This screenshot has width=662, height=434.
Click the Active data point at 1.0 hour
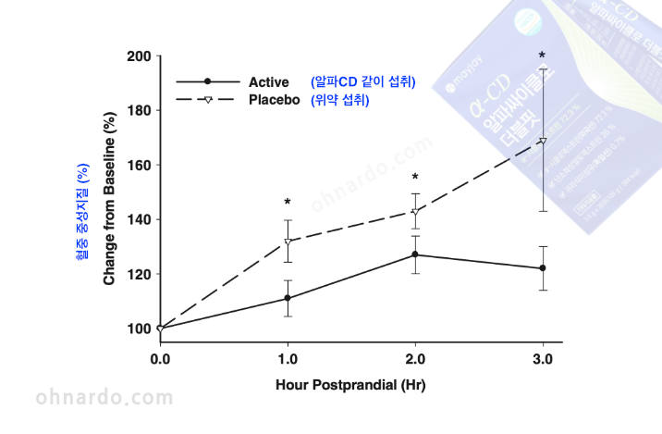tap(288, 298)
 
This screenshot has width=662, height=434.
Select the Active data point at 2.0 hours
tap(415, 254)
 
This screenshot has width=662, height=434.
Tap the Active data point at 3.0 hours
tap(543, 268)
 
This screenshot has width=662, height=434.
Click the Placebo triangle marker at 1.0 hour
tap(288, 242)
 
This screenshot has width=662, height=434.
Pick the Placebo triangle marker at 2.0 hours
tap(415, 212)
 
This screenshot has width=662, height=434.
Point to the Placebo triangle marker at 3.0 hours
tap(543, 142)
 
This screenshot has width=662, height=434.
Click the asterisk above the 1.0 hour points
tap(288, 203)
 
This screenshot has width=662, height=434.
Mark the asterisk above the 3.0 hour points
tap(542, 56)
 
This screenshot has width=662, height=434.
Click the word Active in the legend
tap(269, 82)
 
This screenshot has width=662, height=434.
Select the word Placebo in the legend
tap(275, 100)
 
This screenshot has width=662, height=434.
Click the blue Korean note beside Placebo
tap(340, 100)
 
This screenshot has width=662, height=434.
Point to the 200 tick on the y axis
tap(138, 56)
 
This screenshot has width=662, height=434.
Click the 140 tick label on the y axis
tap(138, 219)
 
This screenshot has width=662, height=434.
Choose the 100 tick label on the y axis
tap(138, 329)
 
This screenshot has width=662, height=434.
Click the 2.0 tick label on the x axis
tap(415, 358)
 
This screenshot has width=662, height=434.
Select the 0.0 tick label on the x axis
tap(160, 358)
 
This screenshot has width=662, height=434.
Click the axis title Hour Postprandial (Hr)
tap(351, 384)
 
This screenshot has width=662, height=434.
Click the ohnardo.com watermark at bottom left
tap(104, 398)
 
